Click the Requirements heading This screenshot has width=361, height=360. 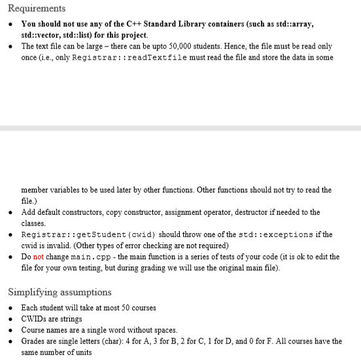(x=37, y=9)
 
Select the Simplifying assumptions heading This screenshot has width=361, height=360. (x=60, y=292)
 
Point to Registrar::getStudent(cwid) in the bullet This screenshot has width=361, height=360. (x=88, y=234)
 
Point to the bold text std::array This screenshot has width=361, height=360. (x=294, y=24)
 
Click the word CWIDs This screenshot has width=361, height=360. (x=33, y=319)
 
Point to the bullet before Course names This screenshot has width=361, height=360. (x=11, y=330)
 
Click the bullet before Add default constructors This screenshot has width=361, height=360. (x=11, y=212)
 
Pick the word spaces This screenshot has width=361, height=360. (x=163, y=330)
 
